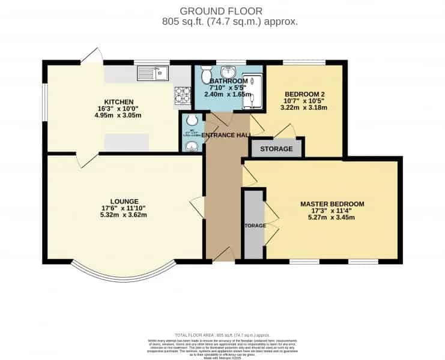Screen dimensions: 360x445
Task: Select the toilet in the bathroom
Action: pos(206,74)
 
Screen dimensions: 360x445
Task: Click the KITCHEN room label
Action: pos(118,101)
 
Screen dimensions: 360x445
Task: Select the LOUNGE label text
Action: pos(124,201)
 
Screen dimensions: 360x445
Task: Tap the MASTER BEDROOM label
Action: pos(332,204)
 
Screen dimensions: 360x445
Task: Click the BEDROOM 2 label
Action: pos(304,94)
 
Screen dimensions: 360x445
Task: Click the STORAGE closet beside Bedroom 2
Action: pos(277,148)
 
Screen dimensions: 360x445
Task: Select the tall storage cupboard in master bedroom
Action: pos(253,225)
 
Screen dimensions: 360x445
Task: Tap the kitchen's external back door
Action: pos(91,56)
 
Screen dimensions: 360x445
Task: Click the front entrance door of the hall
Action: pos(223,255)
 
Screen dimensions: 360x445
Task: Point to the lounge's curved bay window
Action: pos(123,275)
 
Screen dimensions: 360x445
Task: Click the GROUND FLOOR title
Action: pos(222,10)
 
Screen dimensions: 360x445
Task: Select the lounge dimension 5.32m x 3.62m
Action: pos(124,215)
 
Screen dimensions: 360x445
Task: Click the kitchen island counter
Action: pos(127,142)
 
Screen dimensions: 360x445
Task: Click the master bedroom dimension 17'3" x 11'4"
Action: pos(332,211)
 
